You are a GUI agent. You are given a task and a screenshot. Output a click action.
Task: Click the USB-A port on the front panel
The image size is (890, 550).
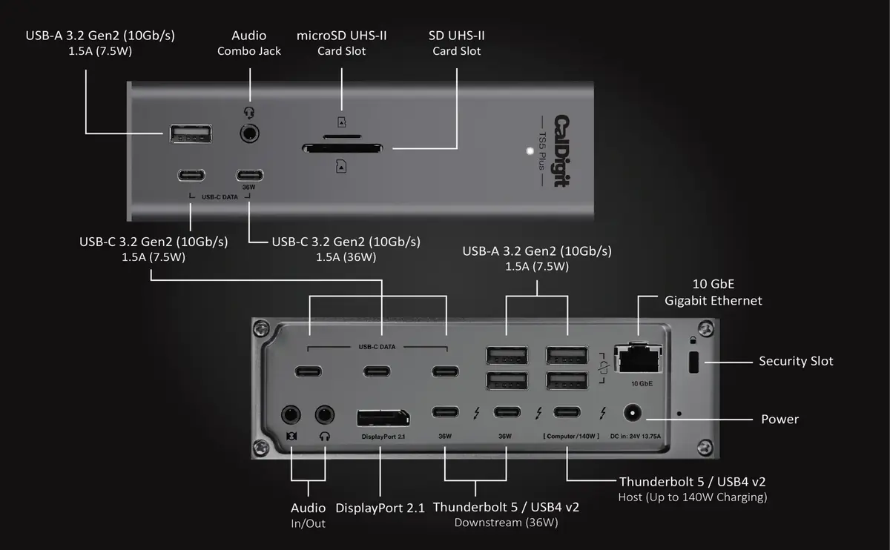(x=190, y=134)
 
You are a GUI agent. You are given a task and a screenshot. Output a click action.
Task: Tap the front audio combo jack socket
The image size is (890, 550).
(x=250, y=134)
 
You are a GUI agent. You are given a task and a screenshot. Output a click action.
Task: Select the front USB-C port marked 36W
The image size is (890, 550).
(x=250, y=176)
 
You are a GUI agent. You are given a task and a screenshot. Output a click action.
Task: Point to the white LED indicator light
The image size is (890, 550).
(x=529, y=151)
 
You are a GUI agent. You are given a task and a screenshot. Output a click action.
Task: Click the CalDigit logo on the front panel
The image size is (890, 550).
(x=563, y=150)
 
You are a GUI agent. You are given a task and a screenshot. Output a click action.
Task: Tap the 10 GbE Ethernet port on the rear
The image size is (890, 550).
(x=639, y=360)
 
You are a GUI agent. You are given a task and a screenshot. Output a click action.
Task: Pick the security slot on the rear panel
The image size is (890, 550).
(x=695, y=362)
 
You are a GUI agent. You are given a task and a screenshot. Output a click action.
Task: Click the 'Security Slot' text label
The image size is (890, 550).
(x=795, y=361)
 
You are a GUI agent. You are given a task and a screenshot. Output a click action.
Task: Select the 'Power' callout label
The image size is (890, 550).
(x=779, y=419)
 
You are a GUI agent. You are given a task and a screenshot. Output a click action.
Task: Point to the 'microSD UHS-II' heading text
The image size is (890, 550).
(x=341, y=35)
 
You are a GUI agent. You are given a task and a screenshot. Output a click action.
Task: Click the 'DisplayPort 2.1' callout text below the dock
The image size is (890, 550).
(x=380, y=508)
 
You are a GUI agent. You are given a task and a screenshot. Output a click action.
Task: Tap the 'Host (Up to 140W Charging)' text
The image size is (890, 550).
(x=693, y=497)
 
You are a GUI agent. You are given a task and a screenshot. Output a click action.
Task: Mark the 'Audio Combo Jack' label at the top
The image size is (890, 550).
(x=249, y=43)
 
